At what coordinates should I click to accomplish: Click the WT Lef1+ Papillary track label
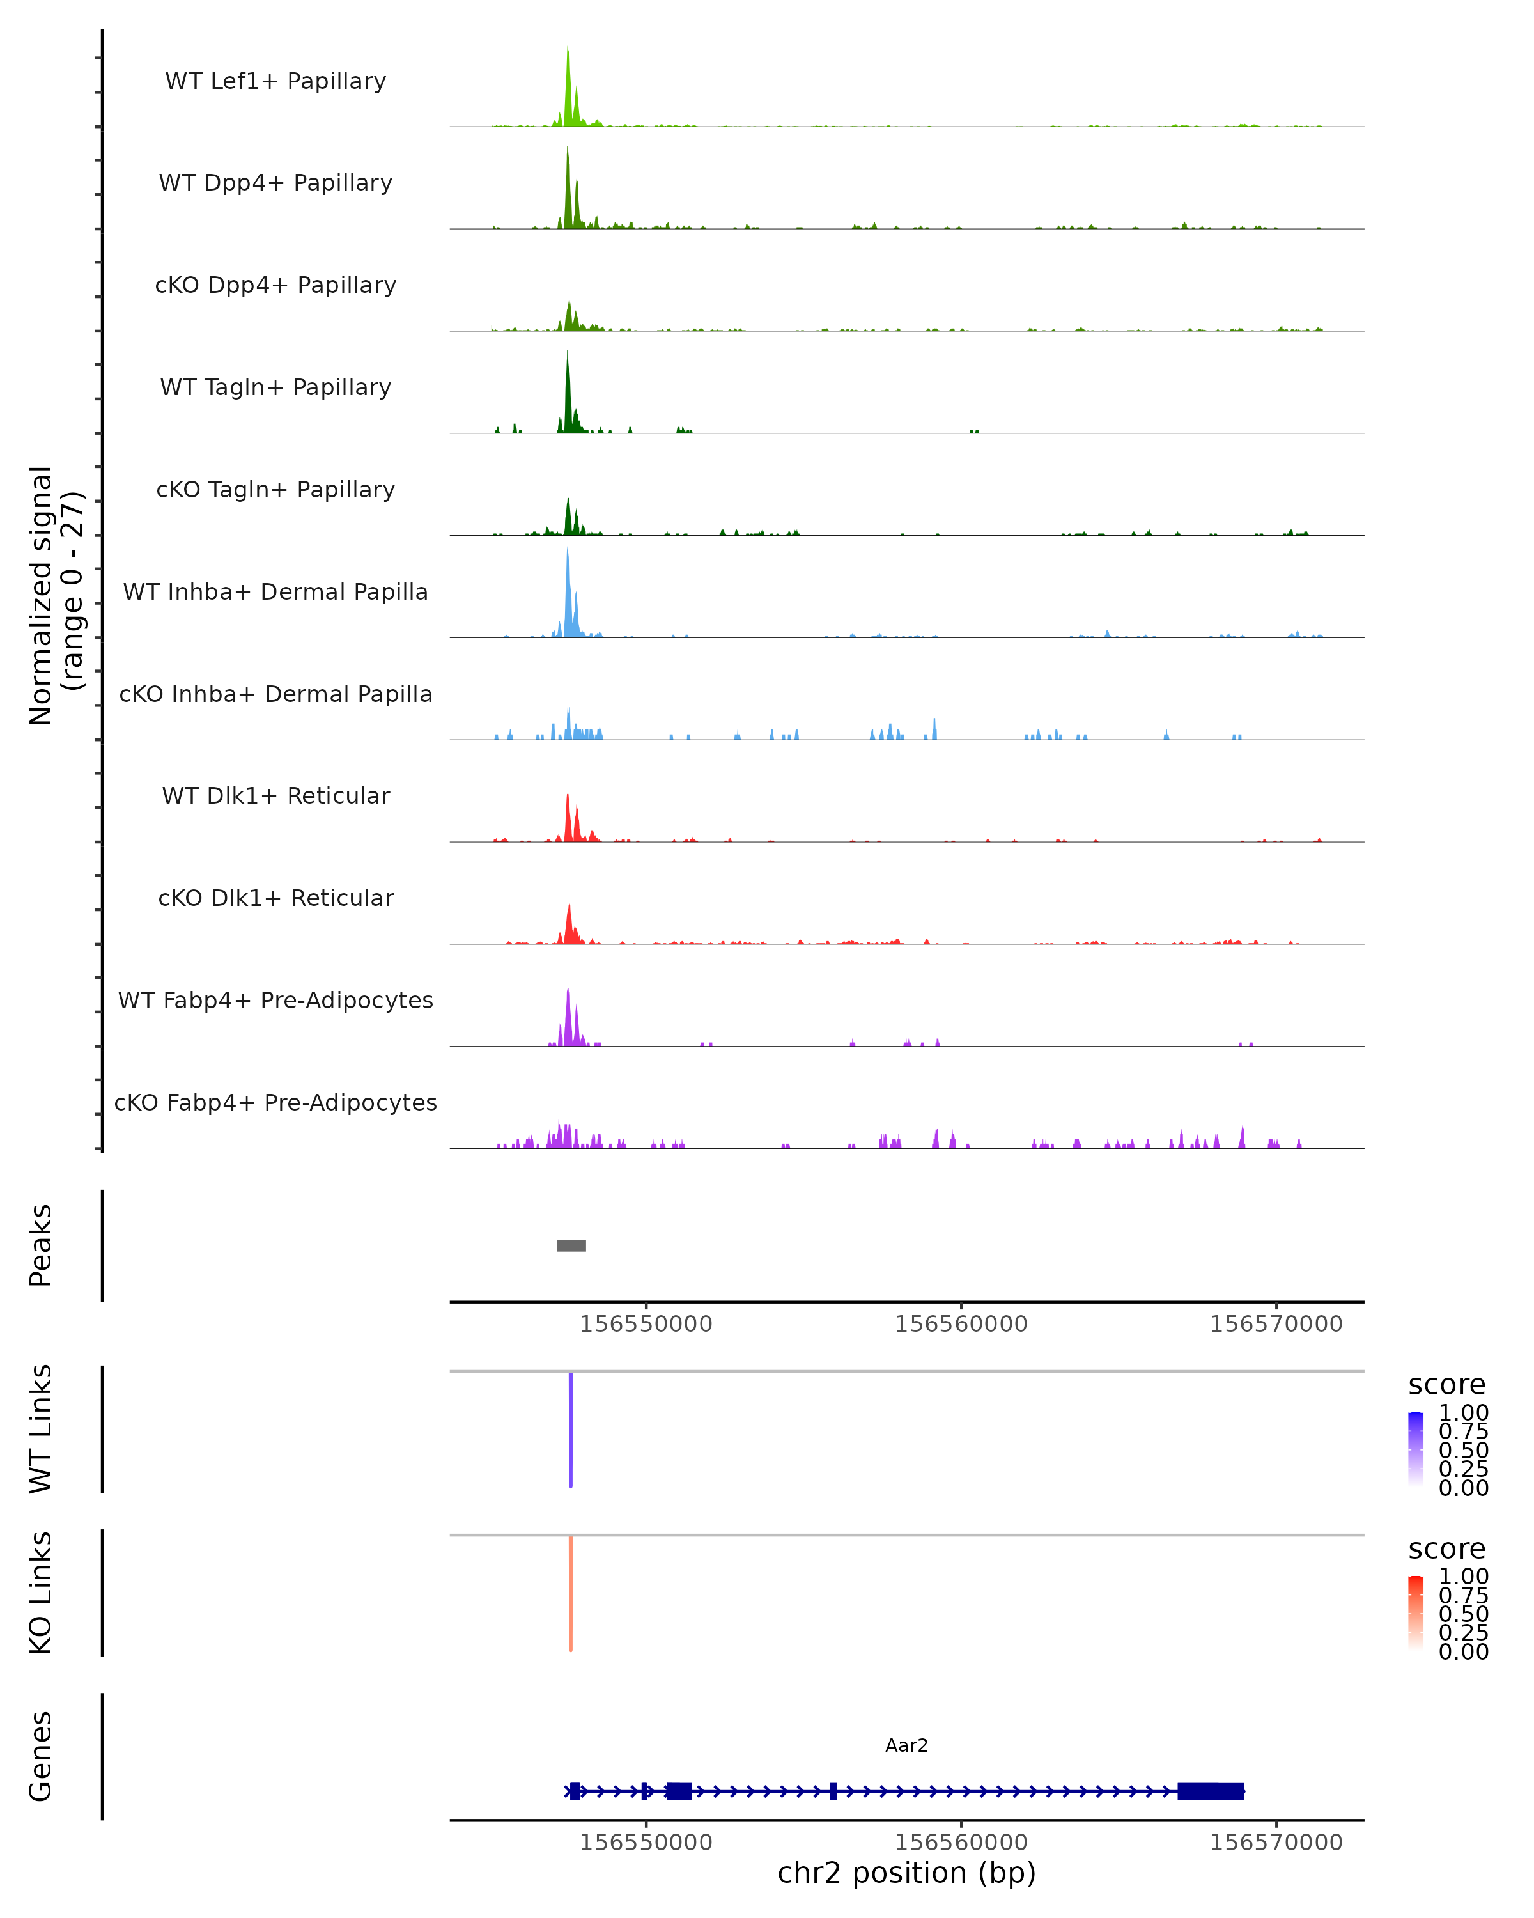pos(275,81)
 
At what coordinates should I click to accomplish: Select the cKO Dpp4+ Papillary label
pos(275,285)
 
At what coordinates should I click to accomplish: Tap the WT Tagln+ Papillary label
pos(275,387)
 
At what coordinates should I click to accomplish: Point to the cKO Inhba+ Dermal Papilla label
pos(275,694)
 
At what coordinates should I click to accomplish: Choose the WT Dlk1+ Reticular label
pos(275,795)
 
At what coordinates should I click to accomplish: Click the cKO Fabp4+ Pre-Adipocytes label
pos(275,1102)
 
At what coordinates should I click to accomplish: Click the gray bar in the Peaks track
pos(571,1245)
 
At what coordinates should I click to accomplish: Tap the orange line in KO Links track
pos(571,1593)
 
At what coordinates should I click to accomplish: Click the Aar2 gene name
pos(906,1745)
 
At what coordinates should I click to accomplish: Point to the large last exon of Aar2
pos(1211,1791)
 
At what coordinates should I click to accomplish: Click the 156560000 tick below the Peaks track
pos(961,1324)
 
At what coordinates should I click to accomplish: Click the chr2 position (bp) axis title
pos(906,1873)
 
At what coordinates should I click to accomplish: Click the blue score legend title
pos(1446,1384)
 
